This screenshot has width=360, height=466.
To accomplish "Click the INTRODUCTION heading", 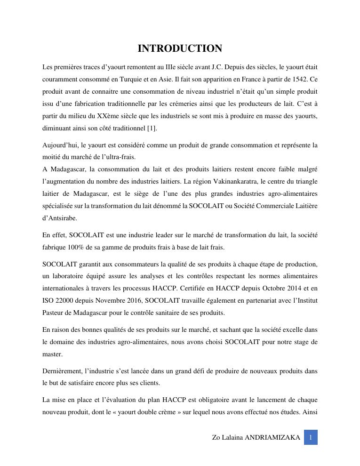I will [180, 48].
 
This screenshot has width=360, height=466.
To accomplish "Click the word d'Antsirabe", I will [60, 218].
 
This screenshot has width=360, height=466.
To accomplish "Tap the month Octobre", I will [265, 288].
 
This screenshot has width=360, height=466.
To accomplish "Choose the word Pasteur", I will [53, 313].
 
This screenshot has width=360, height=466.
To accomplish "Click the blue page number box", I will [311, 437].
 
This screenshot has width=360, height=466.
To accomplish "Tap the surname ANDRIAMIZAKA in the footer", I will [272, 437].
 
